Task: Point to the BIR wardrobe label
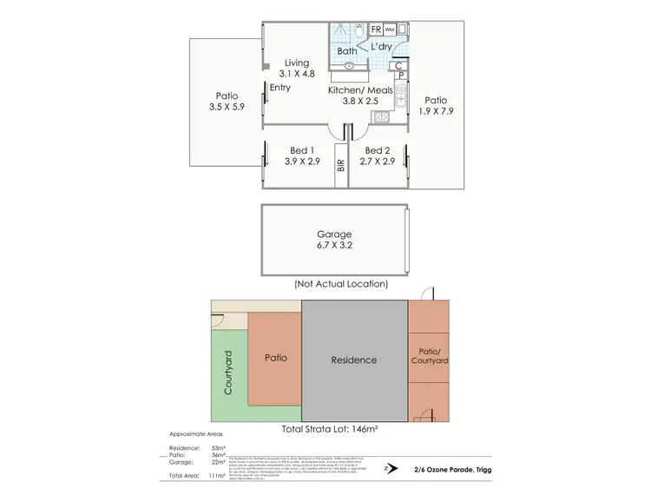341,166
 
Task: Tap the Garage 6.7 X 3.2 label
335,239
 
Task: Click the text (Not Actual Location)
340,284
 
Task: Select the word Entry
280,89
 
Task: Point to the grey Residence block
354,359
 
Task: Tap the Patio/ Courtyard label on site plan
425,356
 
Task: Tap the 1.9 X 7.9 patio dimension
435,111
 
